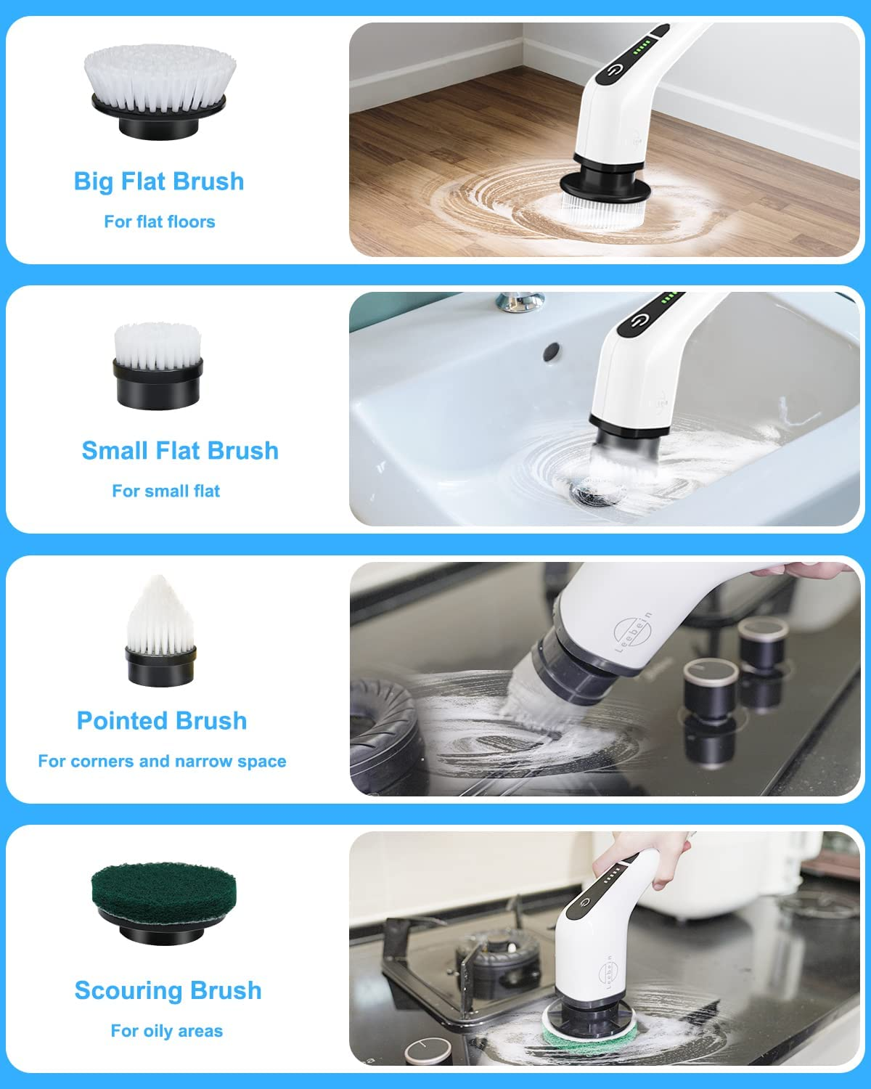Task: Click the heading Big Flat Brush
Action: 159,181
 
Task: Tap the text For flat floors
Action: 160,221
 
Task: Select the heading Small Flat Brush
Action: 180,451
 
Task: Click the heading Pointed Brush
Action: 162,721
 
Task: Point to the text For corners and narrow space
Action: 162,762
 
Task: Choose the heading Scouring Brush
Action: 168,990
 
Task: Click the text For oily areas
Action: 167,1031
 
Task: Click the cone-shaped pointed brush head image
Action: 160,630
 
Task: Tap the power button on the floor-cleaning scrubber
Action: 616,70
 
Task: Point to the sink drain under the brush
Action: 592,495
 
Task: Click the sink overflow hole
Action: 552,351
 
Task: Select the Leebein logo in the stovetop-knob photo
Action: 631,632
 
